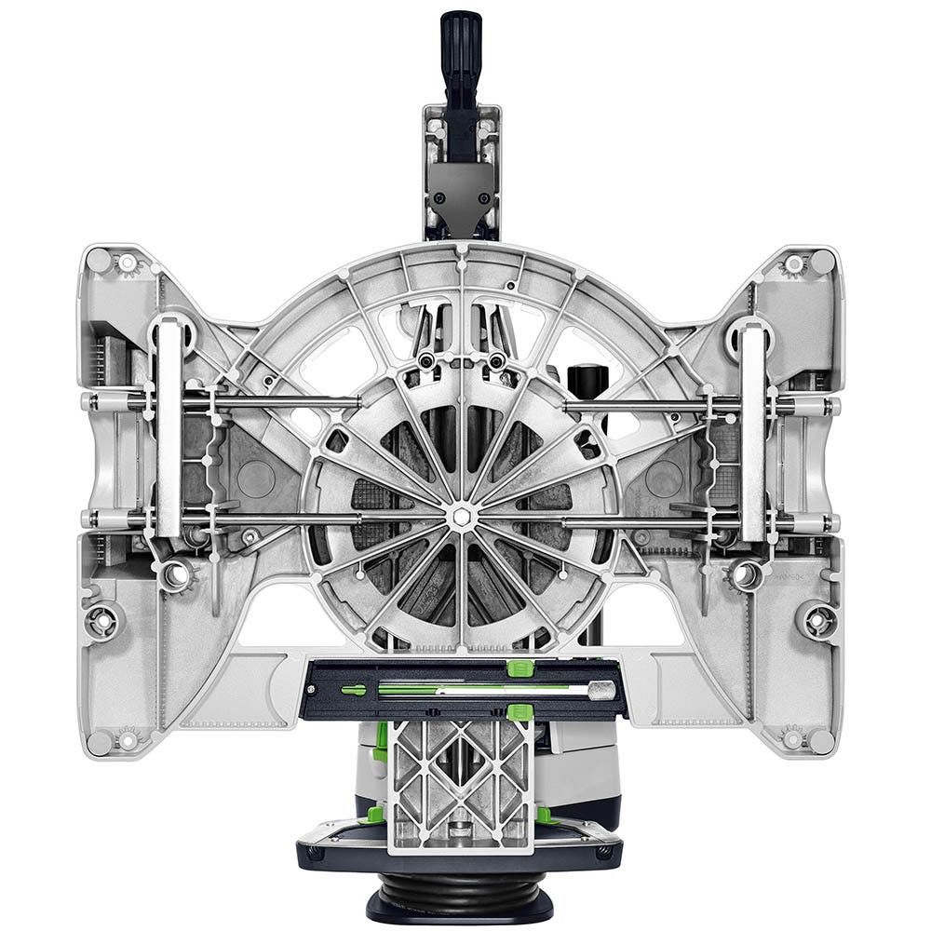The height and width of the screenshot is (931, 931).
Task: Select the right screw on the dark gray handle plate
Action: [x=484, y=197]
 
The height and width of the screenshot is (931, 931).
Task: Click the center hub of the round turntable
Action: [x=461, y=515]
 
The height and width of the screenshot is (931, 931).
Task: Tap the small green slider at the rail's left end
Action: [x=353, y=690]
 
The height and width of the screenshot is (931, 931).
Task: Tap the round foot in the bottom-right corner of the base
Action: [x=821, y=741]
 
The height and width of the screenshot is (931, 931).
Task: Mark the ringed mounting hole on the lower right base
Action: [x=817, y=619]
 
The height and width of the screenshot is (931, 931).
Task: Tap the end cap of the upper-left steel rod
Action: [x=89, y=403]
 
